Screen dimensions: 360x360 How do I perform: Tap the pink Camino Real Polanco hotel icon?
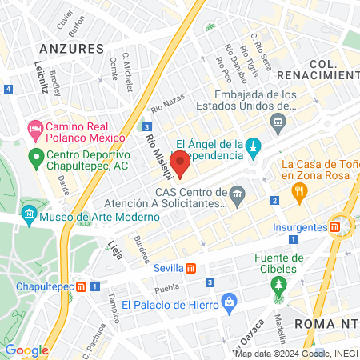point(34,128)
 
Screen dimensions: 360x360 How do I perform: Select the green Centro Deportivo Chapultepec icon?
point(35,156)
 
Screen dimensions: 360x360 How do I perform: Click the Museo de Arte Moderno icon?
point(29,214)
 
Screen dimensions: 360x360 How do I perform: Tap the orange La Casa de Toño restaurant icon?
point(300,190)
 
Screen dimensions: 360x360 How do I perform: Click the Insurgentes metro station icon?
point(338,226)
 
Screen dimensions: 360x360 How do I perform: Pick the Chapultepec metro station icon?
point(79,286)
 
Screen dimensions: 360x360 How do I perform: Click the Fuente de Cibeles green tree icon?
point(279,285)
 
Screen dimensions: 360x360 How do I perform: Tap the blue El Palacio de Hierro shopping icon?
point(230,302)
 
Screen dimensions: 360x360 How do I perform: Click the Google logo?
point(26,350)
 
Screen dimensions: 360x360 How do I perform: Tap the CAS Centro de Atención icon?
point(237,194)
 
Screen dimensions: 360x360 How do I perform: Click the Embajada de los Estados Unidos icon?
point(278,122)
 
